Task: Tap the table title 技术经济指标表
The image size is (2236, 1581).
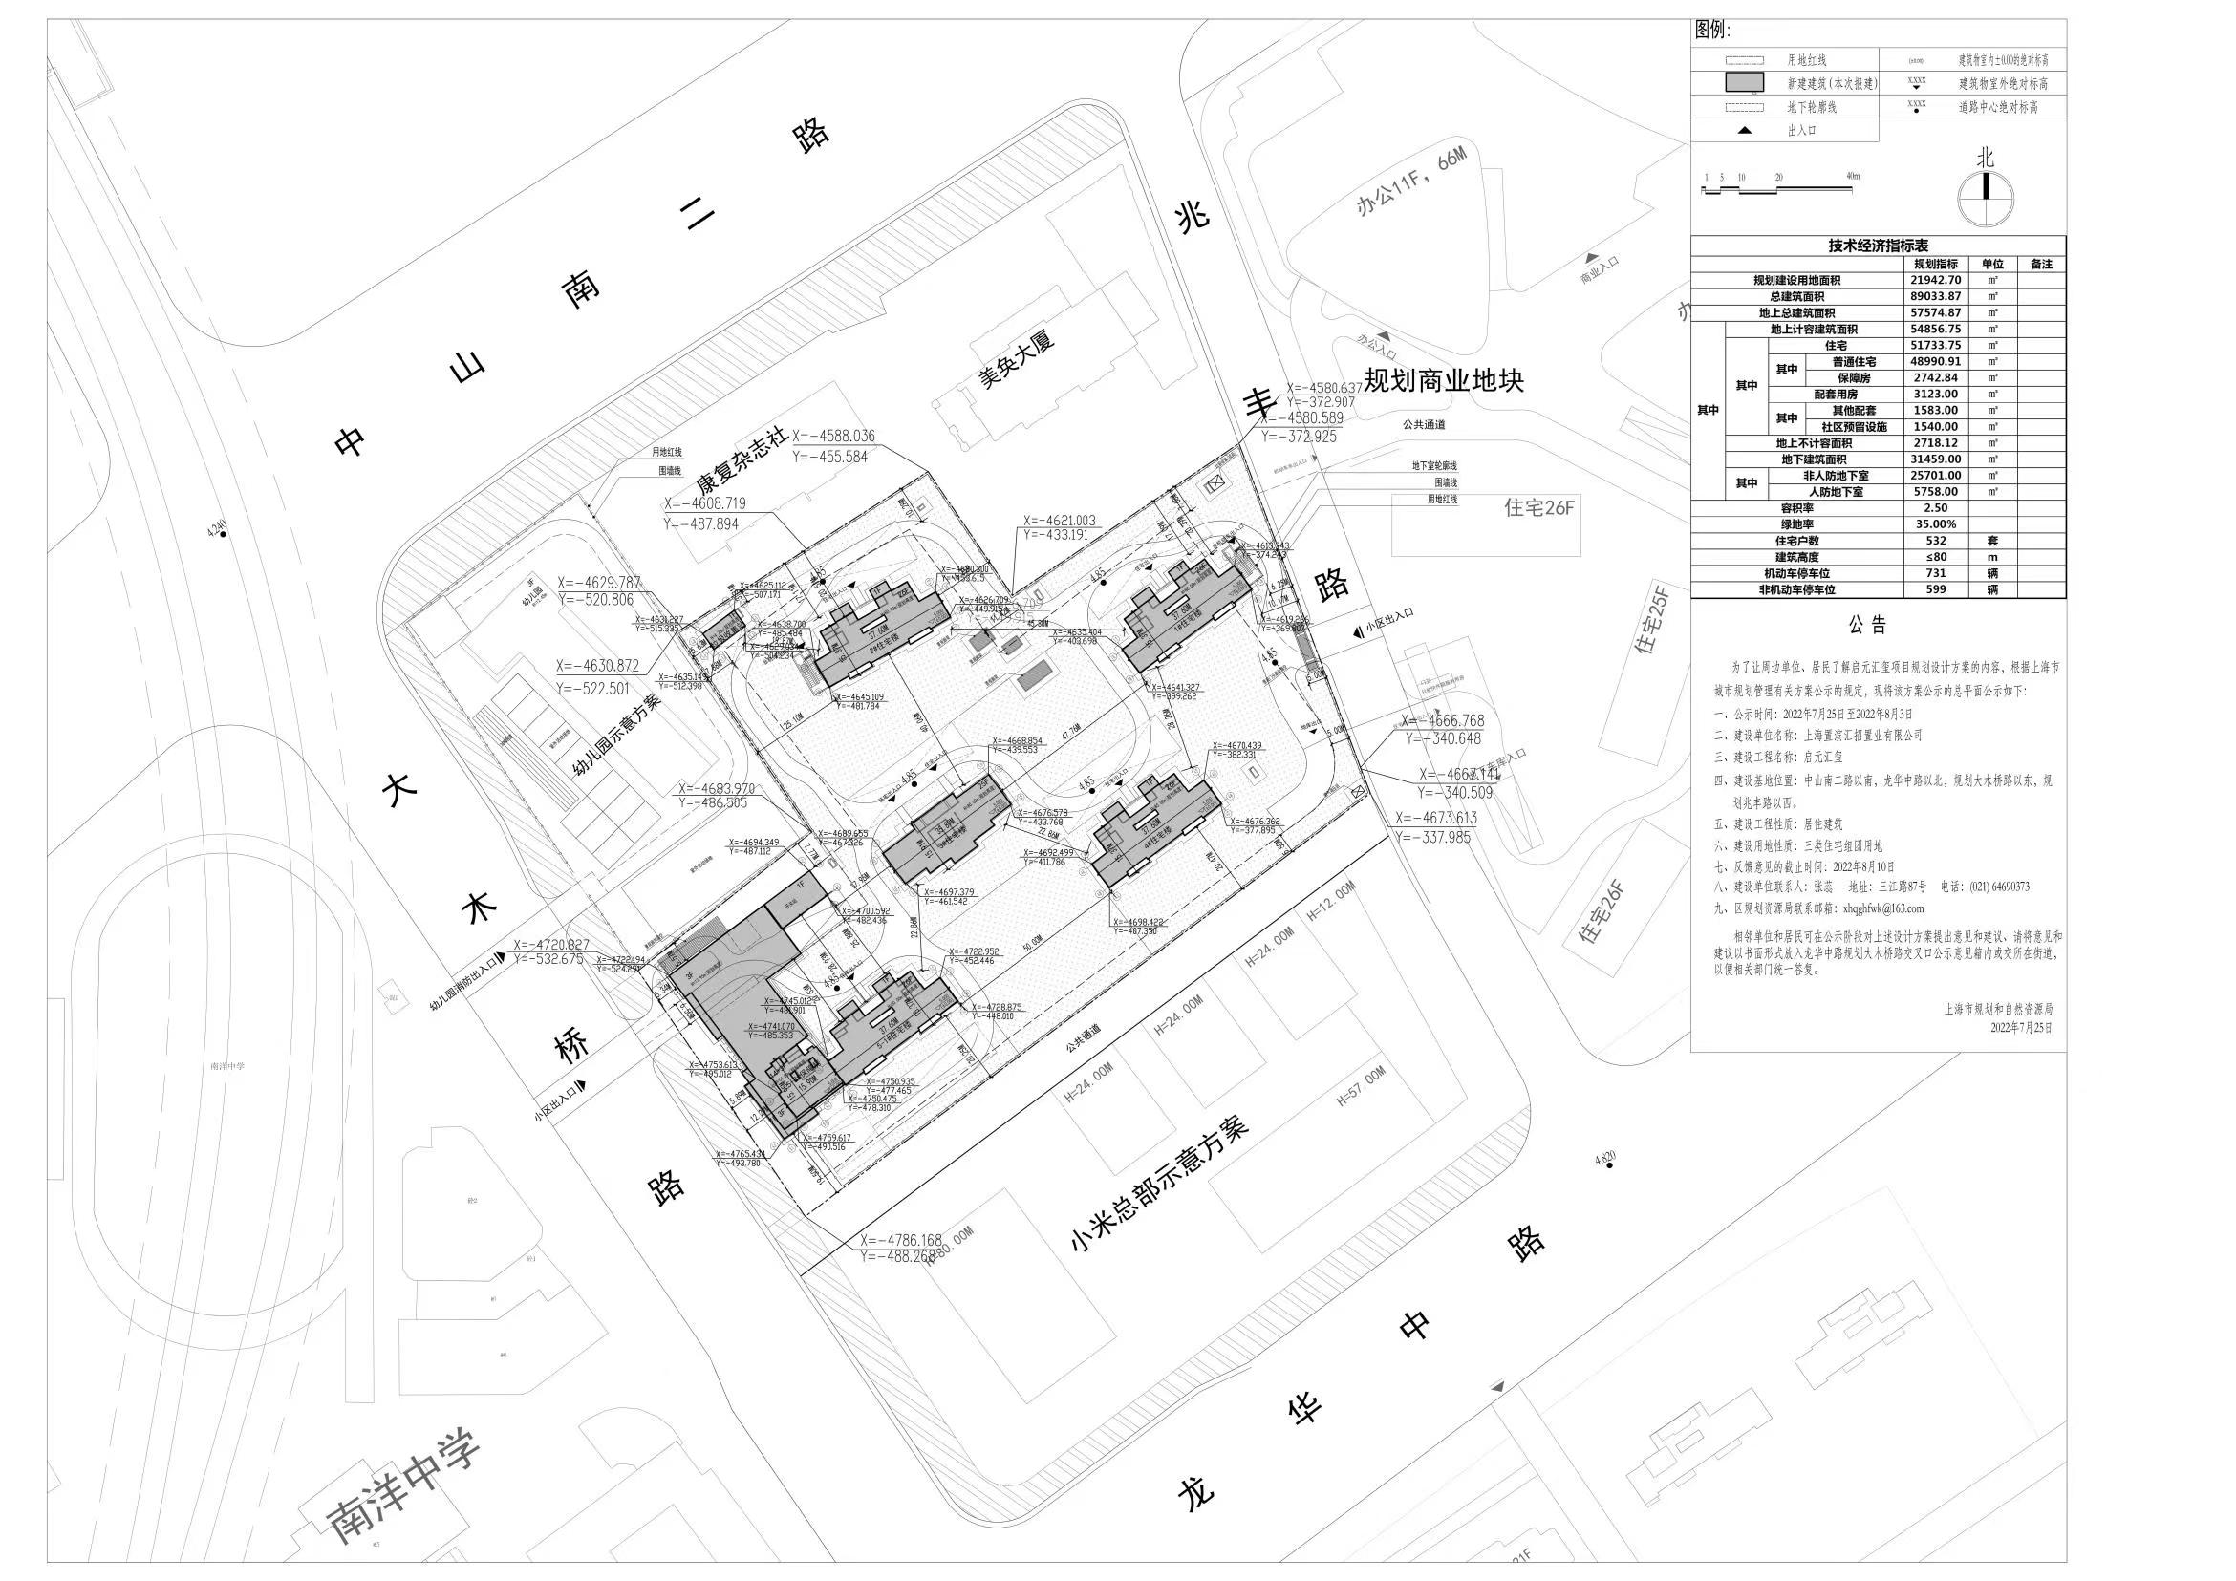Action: click(x=1878, y=246)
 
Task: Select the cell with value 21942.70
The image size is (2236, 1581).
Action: click(x=1935, y=280)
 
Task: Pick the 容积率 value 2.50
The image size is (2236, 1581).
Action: click(x=1935, y=508)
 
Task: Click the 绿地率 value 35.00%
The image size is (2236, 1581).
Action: click(x=1935, y=524)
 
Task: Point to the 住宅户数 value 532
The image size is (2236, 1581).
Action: click(x=1935, y=542)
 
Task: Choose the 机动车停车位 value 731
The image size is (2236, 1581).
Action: click(x=1935, y=573)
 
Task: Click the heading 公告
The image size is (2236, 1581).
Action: click(x=1868, y=626)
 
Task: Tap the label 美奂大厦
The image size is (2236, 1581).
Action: click(x=1017, y=359)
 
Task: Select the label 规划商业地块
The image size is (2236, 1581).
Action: click(x=1443, y=380)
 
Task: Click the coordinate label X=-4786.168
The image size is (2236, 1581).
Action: click(x=901, y=1241)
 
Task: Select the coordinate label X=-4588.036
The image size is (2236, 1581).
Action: click(x=832, y=438)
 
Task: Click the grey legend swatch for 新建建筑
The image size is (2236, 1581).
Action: click(x=1743, y=84)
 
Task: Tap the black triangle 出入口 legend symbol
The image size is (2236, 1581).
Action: click(x=1744, y=131)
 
